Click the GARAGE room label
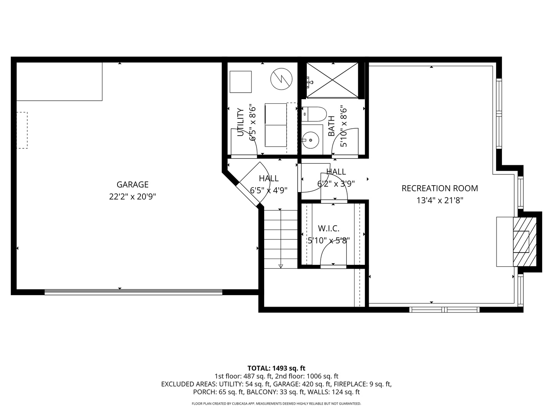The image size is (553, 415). point(132,185)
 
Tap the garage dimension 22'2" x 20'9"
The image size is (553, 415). point(132,197)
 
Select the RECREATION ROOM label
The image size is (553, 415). point(440,188)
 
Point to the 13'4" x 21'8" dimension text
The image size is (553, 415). point(440,200)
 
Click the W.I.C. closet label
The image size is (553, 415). point(328,229)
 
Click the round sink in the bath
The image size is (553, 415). point(310,140)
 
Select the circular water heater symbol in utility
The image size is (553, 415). point(281,79)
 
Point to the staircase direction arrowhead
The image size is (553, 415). point(281,266)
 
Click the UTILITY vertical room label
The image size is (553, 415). point(241,122)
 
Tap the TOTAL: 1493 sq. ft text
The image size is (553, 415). point(276,368)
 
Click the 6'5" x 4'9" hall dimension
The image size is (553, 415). point(268,190)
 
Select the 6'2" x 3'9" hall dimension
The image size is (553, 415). point(336,184)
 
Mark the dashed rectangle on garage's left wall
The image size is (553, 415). point(22,130)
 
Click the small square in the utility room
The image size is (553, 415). point(240,82)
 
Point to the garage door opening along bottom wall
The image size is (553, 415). point(133,292)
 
